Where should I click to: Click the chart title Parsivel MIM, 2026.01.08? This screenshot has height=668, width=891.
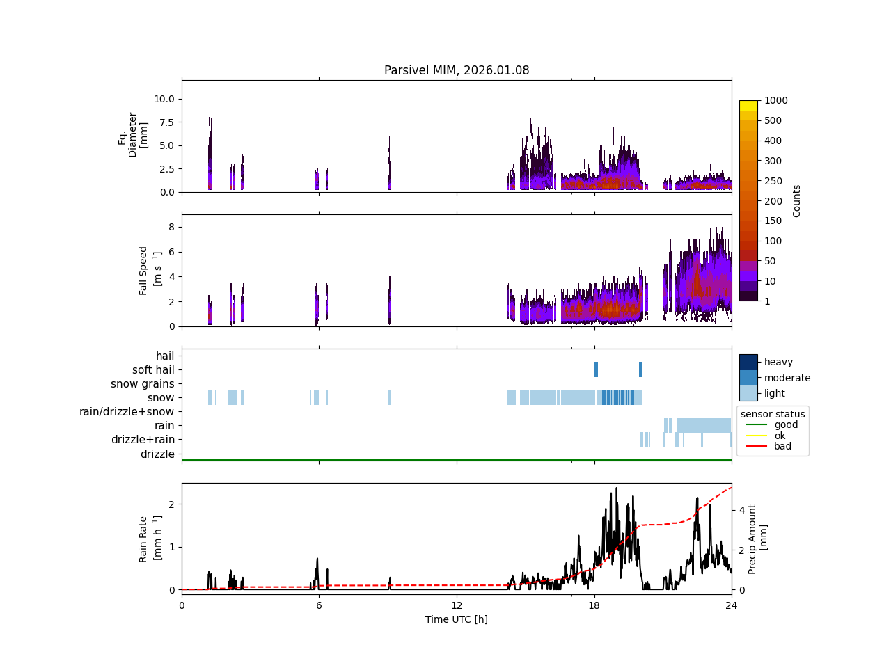click(457, 70)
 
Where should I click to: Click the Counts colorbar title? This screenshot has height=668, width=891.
click(797, 201)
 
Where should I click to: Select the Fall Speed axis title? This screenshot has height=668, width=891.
click(150, 271)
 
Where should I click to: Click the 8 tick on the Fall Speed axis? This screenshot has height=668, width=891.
click(170, 227)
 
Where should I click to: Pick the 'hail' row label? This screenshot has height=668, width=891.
click(165, 356)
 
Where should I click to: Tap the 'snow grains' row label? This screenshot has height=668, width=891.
click(143, 384)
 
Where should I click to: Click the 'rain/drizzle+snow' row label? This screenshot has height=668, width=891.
click(127, 412)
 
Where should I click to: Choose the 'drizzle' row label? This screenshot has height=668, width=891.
click(157, 454)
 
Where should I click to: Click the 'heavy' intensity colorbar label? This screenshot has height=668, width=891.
click(778, 362)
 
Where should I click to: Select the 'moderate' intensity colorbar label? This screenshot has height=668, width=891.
click(787, 378)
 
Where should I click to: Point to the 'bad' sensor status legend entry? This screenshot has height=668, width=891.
click(782, 447)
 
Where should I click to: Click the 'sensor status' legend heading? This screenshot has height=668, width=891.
click(773, 414)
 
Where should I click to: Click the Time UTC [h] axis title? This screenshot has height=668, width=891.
click(457, 619)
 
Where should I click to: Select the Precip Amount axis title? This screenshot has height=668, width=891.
click(757, 539)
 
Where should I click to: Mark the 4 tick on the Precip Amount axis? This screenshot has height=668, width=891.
click(742, 510)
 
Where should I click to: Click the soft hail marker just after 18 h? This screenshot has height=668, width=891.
click(596, 369)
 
